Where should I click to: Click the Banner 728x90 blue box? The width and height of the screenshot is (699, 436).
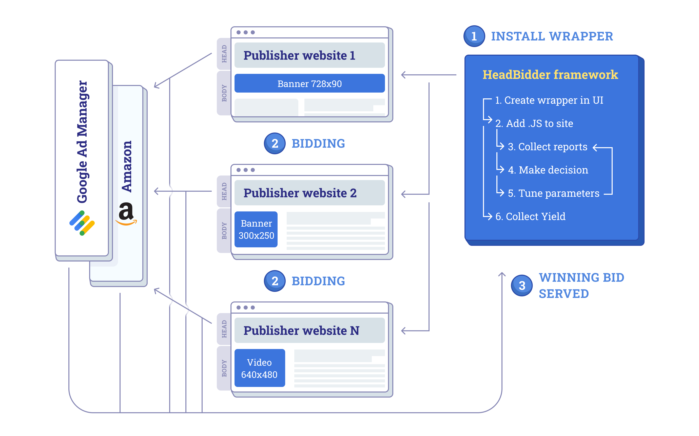309,84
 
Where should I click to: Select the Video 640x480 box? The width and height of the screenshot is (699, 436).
259,368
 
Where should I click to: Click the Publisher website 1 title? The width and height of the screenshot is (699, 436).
299,55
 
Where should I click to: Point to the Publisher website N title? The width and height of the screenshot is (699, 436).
301,331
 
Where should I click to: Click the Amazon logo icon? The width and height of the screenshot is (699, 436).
126,214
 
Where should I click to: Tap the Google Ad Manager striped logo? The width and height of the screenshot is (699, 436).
82,223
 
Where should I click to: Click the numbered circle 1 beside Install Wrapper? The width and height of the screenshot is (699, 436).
474,36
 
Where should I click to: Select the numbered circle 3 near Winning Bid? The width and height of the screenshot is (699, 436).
521,286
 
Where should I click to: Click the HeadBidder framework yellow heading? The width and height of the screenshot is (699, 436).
550,75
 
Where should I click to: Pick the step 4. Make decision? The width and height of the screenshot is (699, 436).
548,170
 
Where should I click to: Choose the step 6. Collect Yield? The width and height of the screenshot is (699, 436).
530,216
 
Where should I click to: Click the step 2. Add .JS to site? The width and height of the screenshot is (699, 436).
534,123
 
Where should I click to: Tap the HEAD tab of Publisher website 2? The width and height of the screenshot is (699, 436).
224,191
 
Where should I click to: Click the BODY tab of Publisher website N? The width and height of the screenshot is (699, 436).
224,368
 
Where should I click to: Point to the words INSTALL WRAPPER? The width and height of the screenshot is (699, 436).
552,36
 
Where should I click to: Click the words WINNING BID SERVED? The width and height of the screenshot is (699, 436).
581,286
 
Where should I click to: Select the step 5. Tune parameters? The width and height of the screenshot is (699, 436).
553,193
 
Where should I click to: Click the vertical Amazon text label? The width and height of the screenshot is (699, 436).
127,166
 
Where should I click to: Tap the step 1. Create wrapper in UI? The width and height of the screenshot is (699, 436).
549,100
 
